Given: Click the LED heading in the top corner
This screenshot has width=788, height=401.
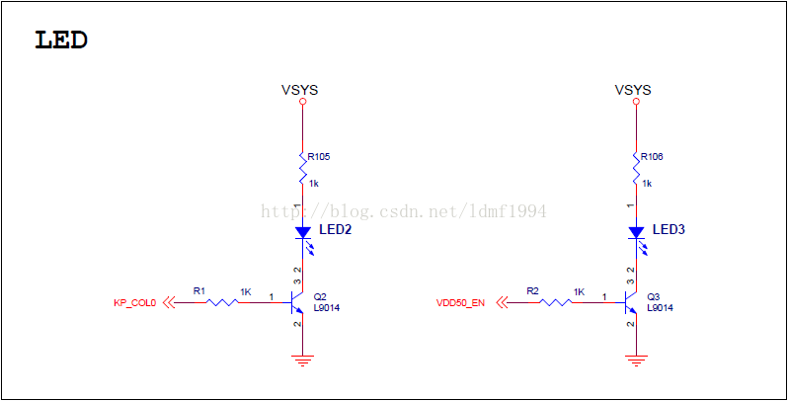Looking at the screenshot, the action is (x=61, y=40).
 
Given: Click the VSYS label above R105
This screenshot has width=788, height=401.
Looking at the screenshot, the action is (x=300, y=90).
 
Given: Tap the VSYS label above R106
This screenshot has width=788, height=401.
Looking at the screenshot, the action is (x=633, y=90).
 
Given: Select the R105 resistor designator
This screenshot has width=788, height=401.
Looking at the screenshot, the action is (x=319, y=156).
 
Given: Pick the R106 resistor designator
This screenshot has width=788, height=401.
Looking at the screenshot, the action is (x=652, y=156).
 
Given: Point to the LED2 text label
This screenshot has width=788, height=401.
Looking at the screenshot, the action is (x=336, y=229).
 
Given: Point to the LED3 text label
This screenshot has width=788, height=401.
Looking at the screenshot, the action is (x=669, y=229).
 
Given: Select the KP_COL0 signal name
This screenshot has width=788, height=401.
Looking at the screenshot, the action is (x=135, y=303).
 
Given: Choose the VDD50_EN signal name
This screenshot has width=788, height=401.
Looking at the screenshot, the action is (x=461, y=303).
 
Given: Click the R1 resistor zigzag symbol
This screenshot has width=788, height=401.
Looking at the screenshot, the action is (x=222, y=302).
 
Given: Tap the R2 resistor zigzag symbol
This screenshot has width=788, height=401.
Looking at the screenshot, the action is (x=555, y=302).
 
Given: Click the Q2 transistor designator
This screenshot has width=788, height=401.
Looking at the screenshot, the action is (x=320, y=296).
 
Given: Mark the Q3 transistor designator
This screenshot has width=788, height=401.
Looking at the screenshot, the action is (x=653, y=296).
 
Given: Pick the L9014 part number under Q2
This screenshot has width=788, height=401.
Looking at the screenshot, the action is (x=328, y=308).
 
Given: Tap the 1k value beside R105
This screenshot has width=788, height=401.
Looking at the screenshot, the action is (x=314, y=184).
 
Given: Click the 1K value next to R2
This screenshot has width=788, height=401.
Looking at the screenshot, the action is (x=579, y=292).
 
